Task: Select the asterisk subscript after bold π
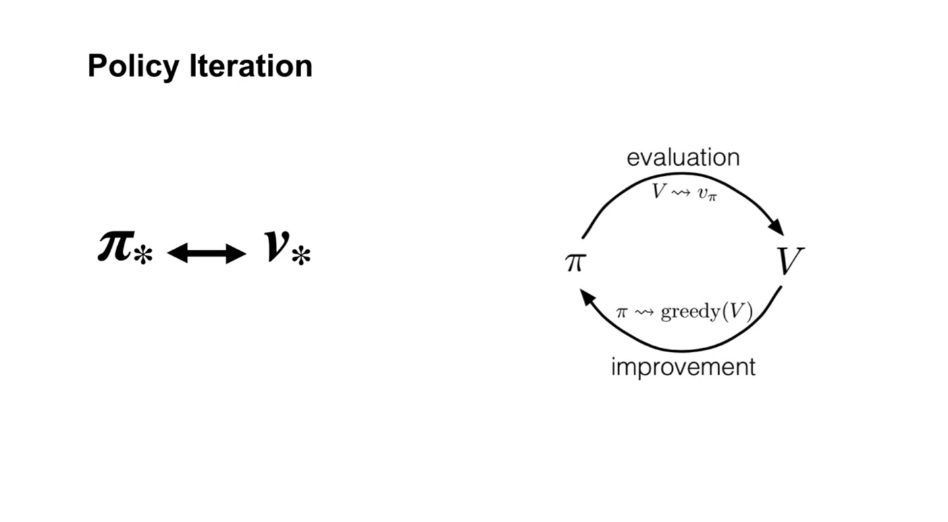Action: [x=143, y=255]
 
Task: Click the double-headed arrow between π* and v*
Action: [x=207, y=253]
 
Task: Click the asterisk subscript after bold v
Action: [x=301, y=256]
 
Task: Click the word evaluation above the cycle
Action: [x=683, y=157]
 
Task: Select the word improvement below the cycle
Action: [x=683, y=367]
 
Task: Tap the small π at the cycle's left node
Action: [x=575, y=262]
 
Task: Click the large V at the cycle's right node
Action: [x=789, y=261]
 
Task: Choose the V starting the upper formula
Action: [x=659, y=191]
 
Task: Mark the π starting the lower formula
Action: [x=622, y=312]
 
